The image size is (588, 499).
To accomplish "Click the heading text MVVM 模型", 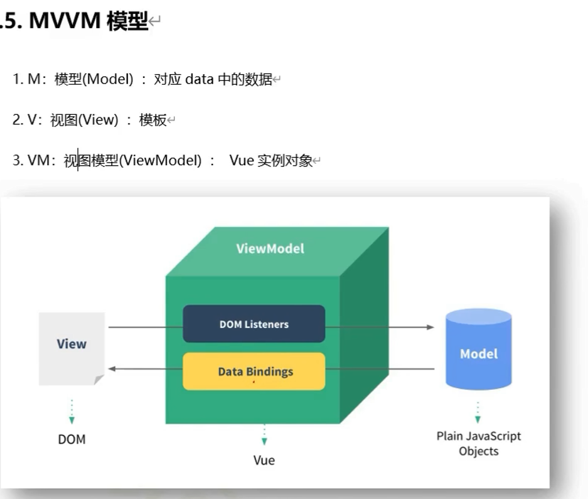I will click(88, 21).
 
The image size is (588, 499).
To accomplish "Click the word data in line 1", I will click(200, 80).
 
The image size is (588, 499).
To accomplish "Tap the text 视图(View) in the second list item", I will click(84, 120).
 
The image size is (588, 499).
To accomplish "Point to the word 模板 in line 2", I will click(152, 120).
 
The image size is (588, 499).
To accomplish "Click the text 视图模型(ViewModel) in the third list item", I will click(132, 161).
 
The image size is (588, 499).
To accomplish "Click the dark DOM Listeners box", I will click(254, 324).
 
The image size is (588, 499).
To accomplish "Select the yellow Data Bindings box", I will click(254, 371).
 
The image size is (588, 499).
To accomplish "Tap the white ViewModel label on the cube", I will click(270, 249).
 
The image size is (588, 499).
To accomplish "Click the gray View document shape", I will click(72, 347).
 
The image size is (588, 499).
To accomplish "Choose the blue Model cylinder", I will click(478, 350).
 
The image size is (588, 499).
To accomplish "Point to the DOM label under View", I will click(72, 439).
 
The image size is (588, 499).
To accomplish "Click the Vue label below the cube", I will click(264, 460).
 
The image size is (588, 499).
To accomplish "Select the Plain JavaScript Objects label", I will click(478, 443).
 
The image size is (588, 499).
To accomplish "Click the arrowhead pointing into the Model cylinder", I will click(430, 327).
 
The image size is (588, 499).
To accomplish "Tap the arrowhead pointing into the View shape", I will click(112, 369).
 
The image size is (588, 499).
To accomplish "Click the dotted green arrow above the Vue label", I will click(264, 434).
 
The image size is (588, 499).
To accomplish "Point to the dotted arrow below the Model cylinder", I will click(478, 412).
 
